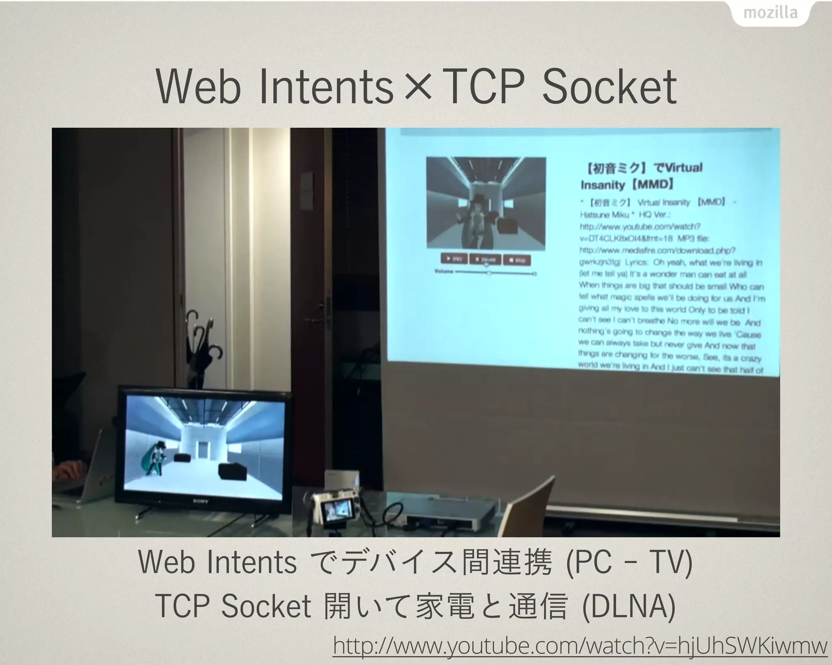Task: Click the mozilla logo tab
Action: [x=770, y=13]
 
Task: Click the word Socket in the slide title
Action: [x=609, y=87]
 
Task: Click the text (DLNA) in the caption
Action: [x=629, y=607]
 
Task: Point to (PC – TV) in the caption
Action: [x=628, y=562]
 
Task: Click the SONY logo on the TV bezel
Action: [x=200, y=502]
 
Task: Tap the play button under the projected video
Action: [x=454, y=259]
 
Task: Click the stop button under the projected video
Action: [x=517, y=260]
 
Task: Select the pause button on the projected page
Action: [x=485, y=259]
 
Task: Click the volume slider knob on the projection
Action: [x=489, y=273]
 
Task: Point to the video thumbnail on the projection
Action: [x=486, y=202]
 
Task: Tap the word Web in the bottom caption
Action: [x=166, y=562]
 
